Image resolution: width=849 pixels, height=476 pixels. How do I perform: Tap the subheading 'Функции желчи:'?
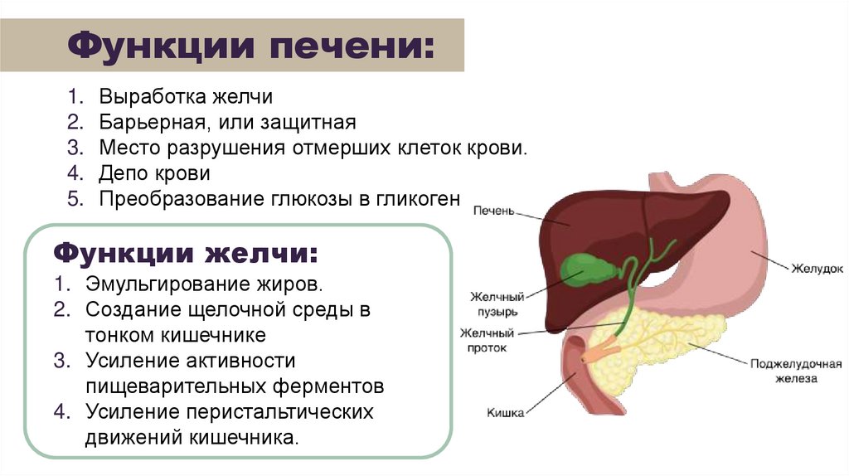pyautogui.click(x=185, y=252)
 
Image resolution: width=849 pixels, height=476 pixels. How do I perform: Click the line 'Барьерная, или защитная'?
pyautogui.click(x=227, y=123)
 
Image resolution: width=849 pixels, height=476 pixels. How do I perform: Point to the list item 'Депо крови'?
pyautogui.click(x=154, y=173)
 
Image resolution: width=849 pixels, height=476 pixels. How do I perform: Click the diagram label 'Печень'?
pyautogui.click(x=494, y=211)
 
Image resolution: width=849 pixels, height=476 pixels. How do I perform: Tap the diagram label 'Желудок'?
pyautogui.click(x=816, y=269)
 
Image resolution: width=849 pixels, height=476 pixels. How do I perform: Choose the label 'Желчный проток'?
pyautogui.click(x=494, y=340)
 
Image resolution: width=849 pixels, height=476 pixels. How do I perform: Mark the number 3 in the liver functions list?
pyautogui.click(x=73, y=148)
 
